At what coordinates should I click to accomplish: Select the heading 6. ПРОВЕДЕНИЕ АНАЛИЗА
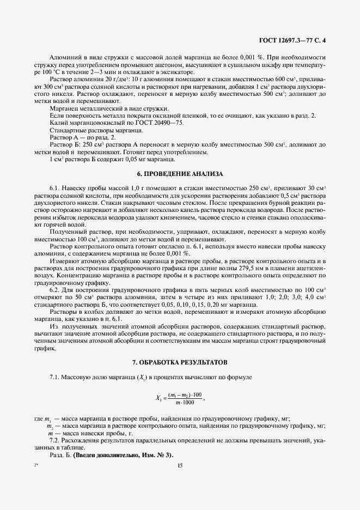click(x=180, y=174)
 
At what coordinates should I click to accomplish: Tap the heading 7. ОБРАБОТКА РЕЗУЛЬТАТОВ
click(x=180, y=362)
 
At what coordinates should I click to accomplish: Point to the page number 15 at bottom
click(x=180, y=465)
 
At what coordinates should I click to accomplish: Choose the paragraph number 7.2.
click(x=54, y=439)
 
